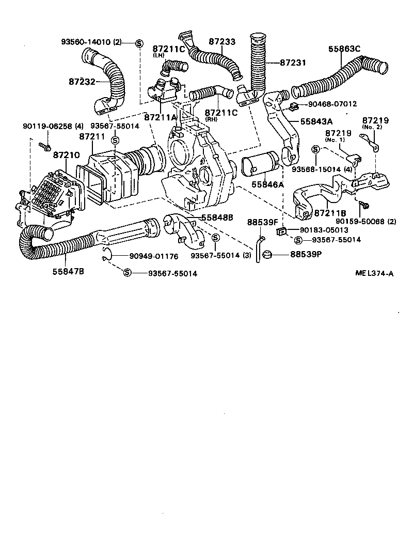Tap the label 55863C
click(344, 50)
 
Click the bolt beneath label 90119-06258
click(45, 148)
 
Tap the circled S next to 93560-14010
click(139, 42)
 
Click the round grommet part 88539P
click(267, 254)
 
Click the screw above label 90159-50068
click(365, 205)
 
